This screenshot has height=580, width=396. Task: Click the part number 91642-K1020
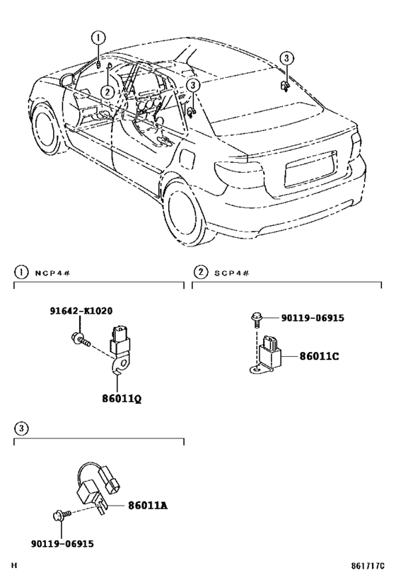pos(81,311)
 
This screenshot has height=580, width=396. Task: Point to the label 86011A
pos(148,505)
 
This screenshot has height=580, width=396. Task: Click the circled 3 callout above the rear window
pos(285,58)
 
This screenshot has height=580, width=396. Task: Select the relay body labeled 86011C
pos(272,348)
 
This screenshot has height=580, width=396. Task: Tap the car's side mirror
pos(68,80)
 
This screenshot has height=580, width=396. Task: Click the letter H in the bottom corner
pos(14,567)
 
